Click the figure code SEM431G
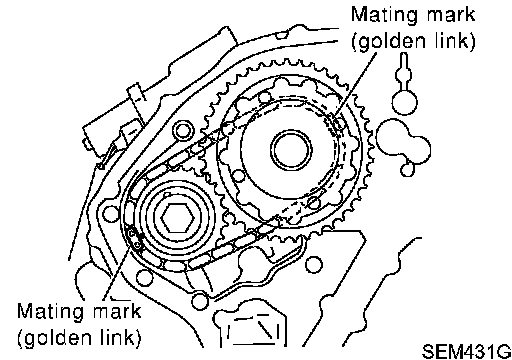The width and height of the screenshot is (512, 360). [466, 351]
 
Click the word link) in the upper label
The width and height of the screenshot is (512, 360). [454, 41]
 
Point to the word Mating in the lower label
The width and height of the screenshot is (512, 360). [46, 312]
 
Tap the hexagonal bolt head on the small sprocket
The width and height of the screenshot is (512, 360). [177, 217]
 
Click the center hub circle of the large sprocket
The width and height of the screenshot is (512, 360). [291, 150]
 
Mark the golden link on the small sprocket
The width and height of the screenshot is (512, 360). [134, 239]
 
